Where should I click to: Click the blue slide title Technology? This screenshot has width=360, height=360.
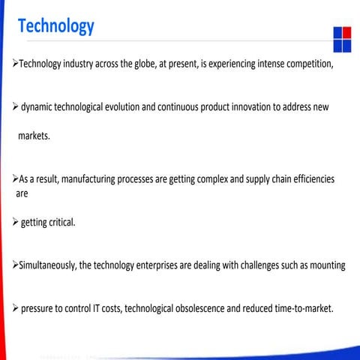pyautogui.click(x=56, y=26)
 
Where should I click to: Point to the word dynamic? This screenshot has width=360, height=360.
pyautogui.click(x=40, y=107)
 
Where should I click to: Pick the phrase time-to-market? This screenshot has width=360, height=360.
pyautogui.click(x=304, y=308)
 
